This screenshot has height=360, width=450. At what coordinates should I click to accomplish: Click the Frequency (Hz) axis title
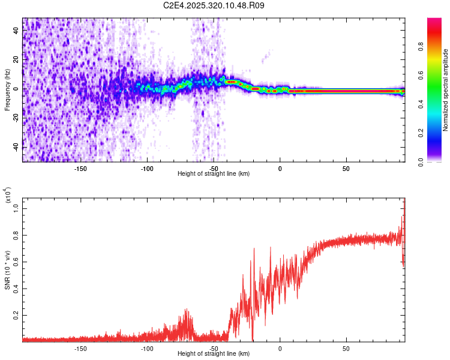coord(7,90)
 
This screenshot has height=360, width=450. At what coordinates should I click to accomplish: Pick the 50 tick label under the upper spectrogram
coord(346,168)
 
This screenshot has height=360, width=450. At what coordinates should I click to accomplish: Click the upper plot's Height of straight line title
coord(214,174)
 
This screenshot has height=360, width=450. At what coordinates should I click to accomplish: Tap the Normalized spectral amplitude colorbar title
coord(445,90)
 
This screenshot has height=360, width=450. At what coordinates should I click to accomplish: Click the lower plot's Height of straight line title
coord(214,355)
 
